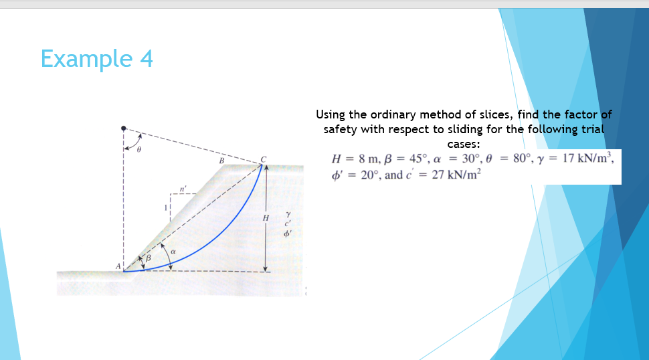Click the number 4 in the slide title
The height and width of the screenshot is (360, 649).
146,60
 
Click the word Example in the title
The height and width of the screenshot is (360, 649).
86,60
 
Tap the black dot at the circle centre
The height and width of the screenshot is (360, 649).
124,127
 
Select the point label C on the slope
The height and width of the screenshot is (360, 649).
264,159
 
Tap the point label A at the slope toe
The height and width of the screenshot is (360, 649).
118,266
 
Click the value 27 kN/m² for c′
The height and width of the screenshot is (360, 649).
457,175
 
